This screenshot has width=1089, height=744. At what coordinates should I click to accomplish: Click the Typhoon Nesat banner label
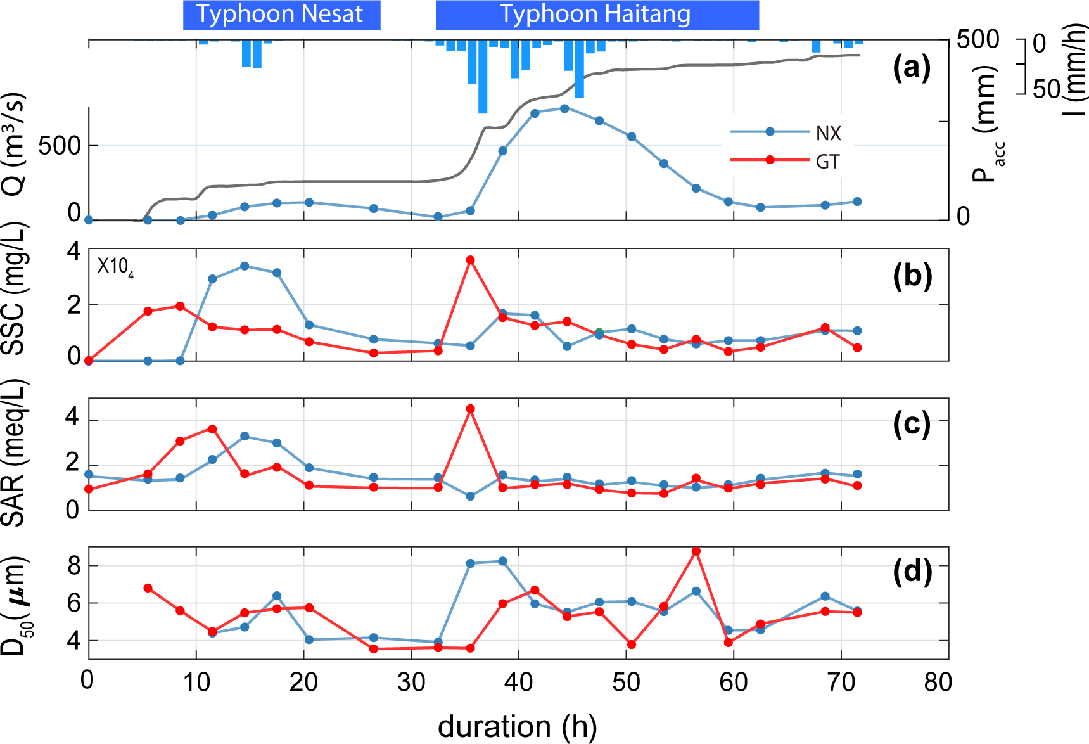pos(281,15)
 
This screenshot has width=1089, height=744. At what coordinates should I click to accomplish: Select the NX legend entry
pos(828,133)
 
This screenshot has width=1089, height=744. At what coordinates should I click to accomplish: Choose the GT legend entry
pos(827,162)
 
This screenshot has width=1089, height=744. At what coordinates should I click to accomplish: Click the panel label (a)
pos(912,67)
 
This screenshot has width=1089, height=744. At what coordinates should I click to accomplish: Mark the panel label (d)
pos(912,572)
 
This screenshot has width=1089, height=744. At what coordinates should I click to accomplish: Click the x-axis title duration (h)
pos(517,726)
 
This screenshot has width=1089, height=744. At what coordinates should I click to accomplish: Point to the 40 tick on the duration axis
pos(518,682)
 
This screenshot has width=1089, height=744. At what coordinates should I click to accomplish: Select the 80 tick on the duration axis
pos(938,682)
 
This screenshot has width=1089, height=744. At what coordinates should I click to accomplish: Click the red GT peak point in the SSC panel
pos(470,260)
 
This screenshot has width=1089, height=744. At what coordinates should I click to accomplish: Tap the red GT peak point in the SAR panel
pos(470,409)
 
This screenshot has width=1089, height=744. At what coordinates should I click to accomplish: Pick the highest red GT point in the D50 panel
pos(696,551)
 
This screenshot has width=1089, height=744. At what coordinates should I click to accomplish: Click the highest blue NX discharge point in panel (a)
pos(564,108)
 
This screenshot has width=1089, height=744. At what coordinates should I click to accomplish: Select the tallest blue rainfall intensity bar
pos(483,76)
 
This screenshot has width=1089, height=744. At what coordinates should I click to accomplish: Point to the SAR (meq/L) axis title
pos(14,452)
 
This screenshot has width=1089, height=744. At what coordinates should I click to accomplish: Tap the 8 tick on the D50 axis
pos(74,565)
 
